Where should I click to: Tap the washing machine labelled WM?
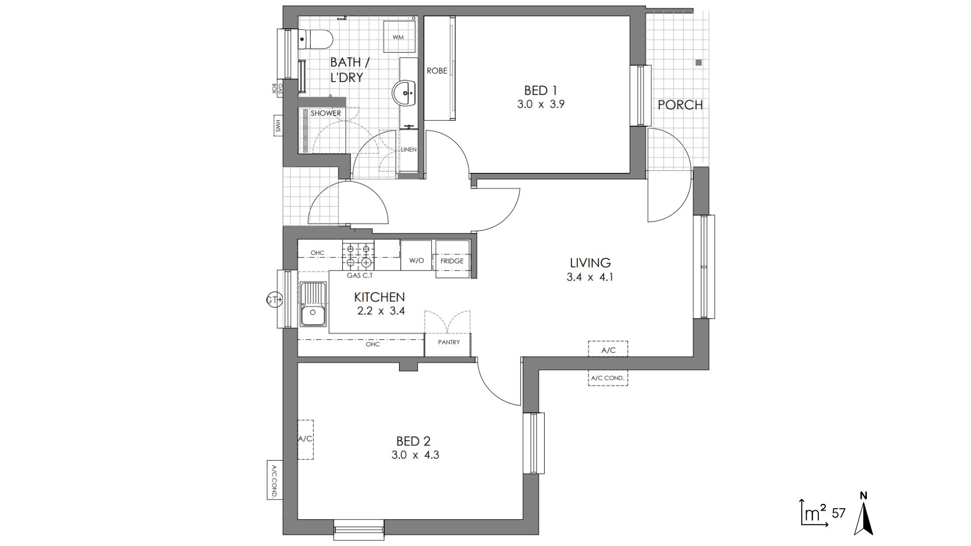pos(399,37)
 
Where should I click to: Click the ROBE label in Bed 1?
pos(437,71)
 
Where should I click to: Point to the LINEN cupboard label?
pos(409,150)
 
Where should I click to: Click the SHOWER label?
pos(326,113)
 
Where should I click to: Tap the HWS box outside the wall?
pos(278,126)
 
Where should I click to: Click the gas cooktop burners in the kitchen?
pos(359,255)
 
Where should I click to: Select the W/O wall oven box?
pos(416,256)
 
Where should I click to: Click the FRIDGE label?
pos(452,261)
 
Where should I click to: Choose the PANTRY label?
pos(449,342)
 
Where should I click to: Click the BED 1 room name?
pos(541,90)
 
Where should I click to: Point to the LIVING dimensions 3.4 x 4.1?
pos(590,277)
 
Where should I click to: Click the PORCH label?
pos(680,105)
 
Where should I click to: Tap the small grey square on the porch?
pos(698,63)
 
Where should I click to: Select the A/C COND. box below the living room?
pos(608,378)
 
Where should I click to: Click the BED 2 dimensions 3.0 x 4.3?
pos(415,455)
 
